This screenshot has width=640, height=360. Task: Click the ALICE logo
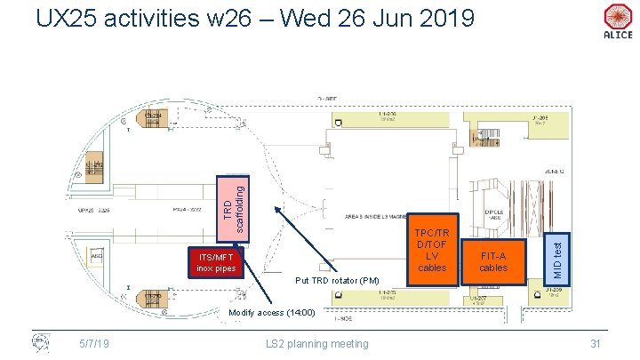click(x=617, y=21)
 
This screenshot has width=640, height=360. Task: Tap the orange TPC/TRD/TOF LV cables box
click(x=432, y=250)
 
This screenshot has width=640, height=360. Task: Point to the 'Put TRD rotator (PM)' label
click(x=338, y=281)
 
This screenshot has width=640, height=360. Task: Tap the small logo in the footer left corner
click(x=40, y=341)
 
